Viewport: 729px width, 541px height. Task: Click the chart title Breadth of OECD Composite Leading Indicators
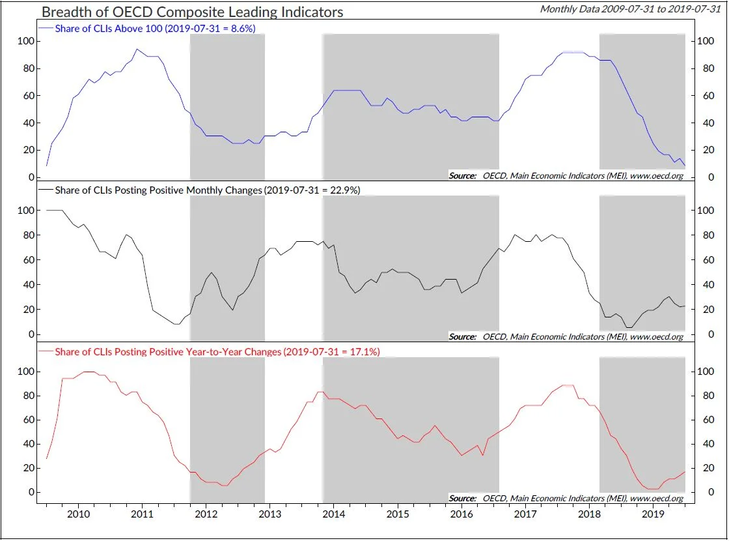point(192,12)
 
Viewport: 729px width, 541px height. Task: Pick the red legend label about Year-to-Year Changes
point(217,352)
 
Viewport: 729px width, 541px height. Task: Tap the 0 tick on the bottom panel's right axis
point(700,493)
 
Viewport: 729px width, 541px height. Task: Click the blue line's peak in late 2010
point(137,50)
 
